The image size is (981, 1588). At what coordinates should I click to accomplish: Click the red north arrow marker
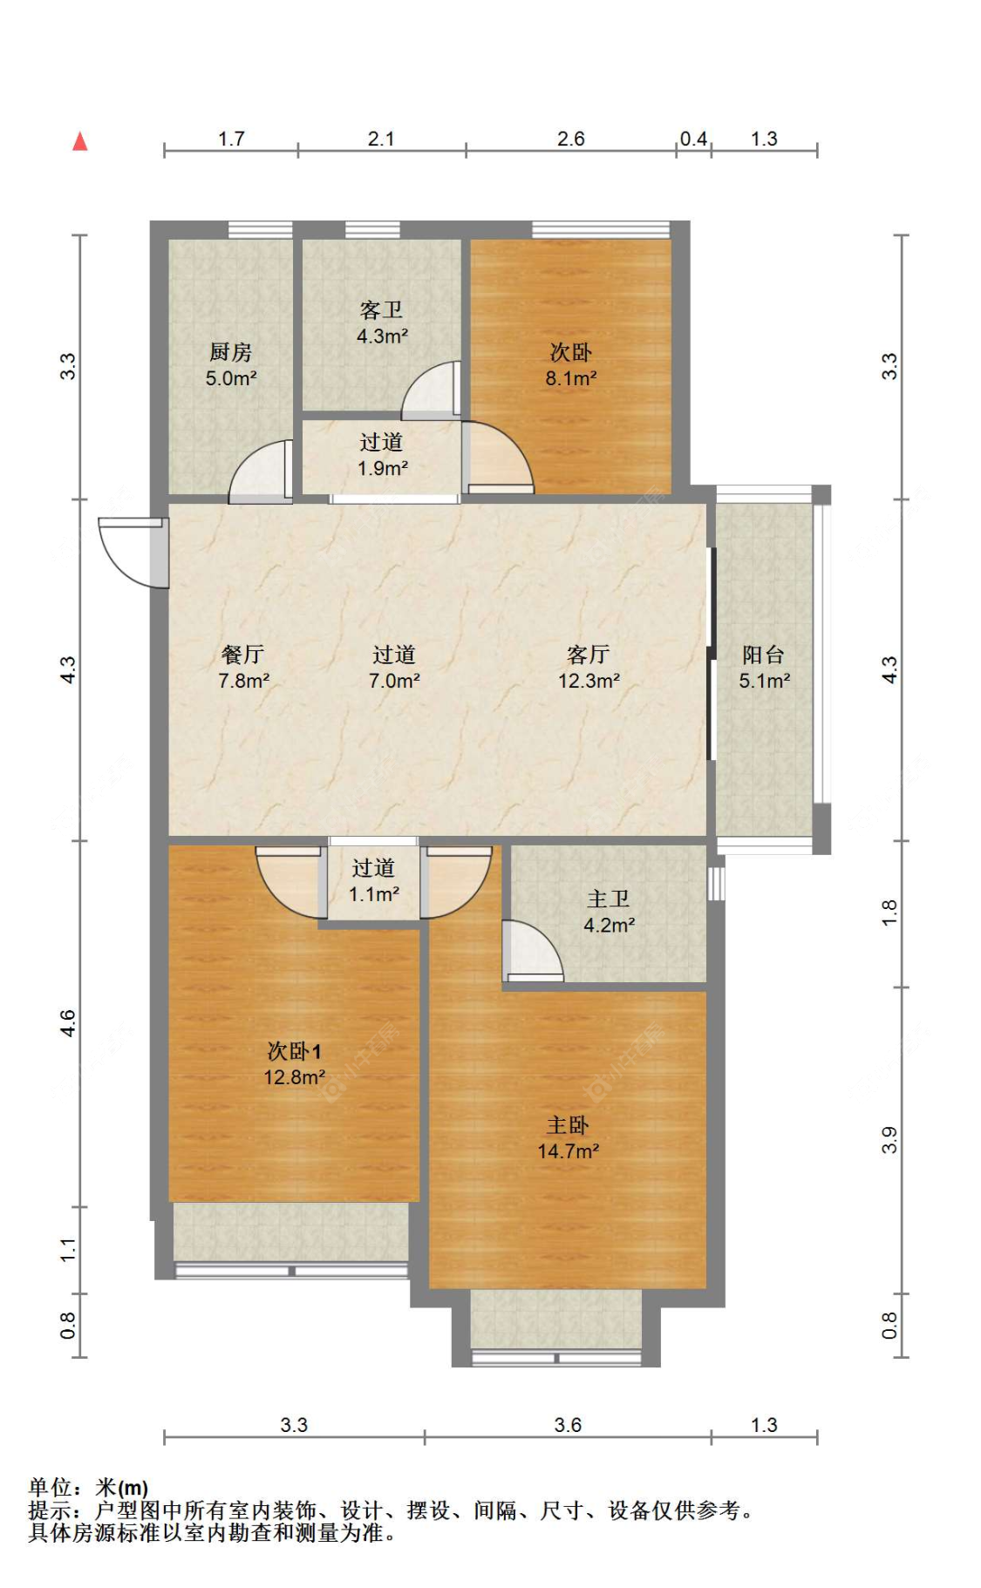coord(80,140)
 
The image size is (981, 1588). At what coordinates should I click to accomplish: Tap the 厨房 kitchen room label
coord(230,352)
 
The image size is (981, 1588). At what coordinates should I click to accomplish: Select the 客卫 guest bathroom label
coord(382,310)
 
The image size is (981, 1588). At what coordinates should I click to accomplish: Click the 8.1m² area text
coord(571,378)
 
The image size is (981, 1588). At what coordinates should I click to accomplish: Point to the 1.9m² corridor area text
coord(383,468)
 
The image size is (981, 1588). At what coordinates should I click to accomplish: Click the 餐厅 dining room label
coord(242,655)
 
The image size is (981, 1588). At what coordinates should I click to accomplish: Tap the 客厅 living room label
coord(589,655)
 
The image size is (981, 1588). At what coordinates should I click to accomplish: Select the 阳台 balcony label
coord(764,655)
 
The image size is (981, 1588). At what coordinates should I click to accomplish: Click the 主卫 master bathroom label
coord(609,899)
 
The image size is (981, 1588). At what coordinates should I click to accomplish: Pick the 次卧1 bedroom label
coord(294,1051)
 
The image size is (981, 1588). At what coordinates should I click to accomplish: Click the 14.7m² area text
coord(568,1151)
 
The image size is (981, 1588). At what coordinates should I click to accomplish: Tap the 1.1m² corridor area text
coord(374,894)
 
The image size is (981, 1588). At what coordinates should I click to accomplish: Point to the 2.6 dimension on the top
coord(571,139)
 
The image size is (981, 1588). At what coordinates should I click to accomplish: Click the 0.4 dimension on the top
coord(693,139)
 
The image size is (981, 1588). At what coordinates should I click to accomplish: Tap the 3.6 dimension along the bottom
coord(568,1425)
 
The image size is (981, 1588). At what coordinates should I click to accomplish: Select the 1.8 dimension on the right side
coord(889,913)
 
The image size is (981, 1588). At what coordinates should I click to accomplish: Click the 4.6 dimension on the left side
coord(68,1023)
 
